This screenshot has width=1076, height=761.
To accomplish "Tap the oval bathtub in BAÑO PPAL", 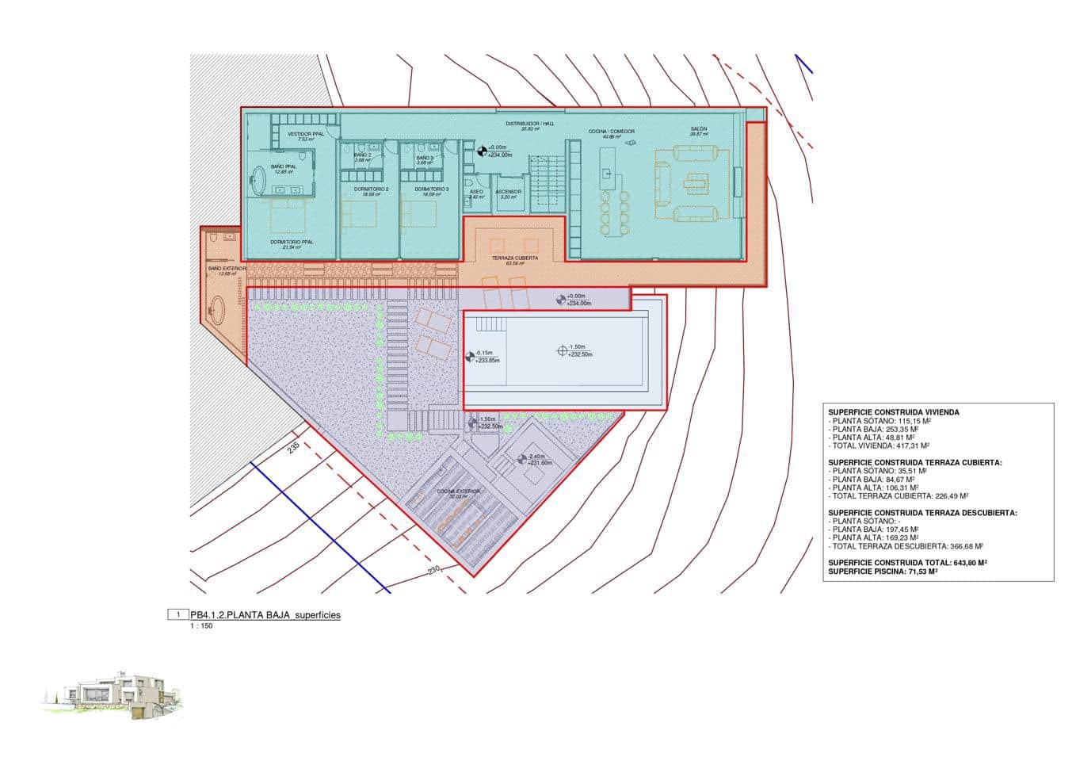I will tap(260, 181).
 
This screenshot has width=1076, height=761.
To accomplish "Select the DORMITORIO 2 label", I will tap(370, 189).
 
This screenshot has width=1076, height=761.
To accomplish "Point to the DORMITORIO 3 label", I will tap(431, 189).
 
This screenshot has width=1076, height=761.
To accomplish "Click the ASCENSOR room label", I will tap(508, 193).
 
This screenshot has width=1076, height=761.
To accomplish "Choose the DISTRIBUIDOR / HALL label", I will tap(525, 124).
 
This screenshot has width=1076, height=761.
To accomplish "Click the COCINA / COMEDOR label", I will tap(611, 132).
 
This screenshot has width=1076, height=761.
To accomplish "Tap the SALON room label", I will tap(698, 129).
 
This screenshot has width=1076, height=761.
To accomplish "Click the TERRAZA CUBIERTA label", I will tap(514, 258).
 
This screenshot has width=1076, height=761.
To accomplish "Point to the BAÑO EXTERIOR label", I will tap(227, 269).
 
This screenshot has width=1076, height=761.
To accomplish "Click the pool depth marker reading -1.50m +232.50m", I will tap(563, 350).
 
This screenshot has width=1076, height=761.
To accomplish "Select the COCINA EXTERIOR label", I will tap(458, 492).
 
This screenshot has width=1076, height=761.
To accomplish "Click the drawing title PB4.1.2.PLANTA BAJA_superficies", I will tap(265, 615).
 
